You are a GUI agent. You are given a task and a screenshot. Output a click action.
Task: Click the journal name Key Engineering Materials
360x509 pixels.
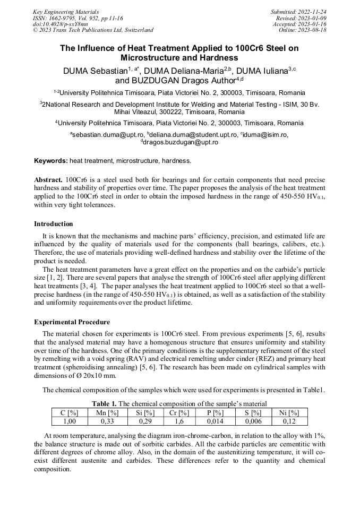(x=66, y=12)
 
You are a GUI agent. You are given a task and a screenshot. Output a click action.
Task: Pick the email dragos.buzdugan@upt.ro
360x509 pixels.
(x=181, y=142)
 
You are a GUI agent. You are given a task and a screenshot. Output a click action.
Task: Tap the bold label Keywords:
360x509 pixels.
(x=51, y=160)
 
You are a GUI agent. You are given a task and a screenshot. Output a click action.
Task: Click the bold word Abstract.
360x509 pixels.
(x=48, y=180)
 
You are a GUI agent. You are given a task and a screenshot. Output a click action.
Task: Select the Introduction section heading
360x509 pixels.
(x=54, y=224)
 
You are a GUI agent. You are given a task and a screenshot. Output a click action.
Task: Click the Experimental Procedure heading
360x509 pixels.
(x=72, y=322)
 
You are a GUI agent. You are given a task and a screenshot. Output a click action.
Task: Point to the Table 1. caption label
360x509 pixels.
(x=104, y=404)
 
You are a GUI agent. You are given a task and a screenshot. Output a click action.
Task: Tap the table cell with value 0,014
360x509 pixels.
(x=215, y=421)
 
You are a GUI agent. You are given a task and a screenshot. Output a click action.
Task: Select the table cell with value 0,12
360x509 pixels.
(x=289, y=421)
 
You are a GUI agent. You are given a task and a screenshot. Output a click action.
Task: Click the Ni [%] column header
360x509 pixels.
(x=289, y=412)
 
